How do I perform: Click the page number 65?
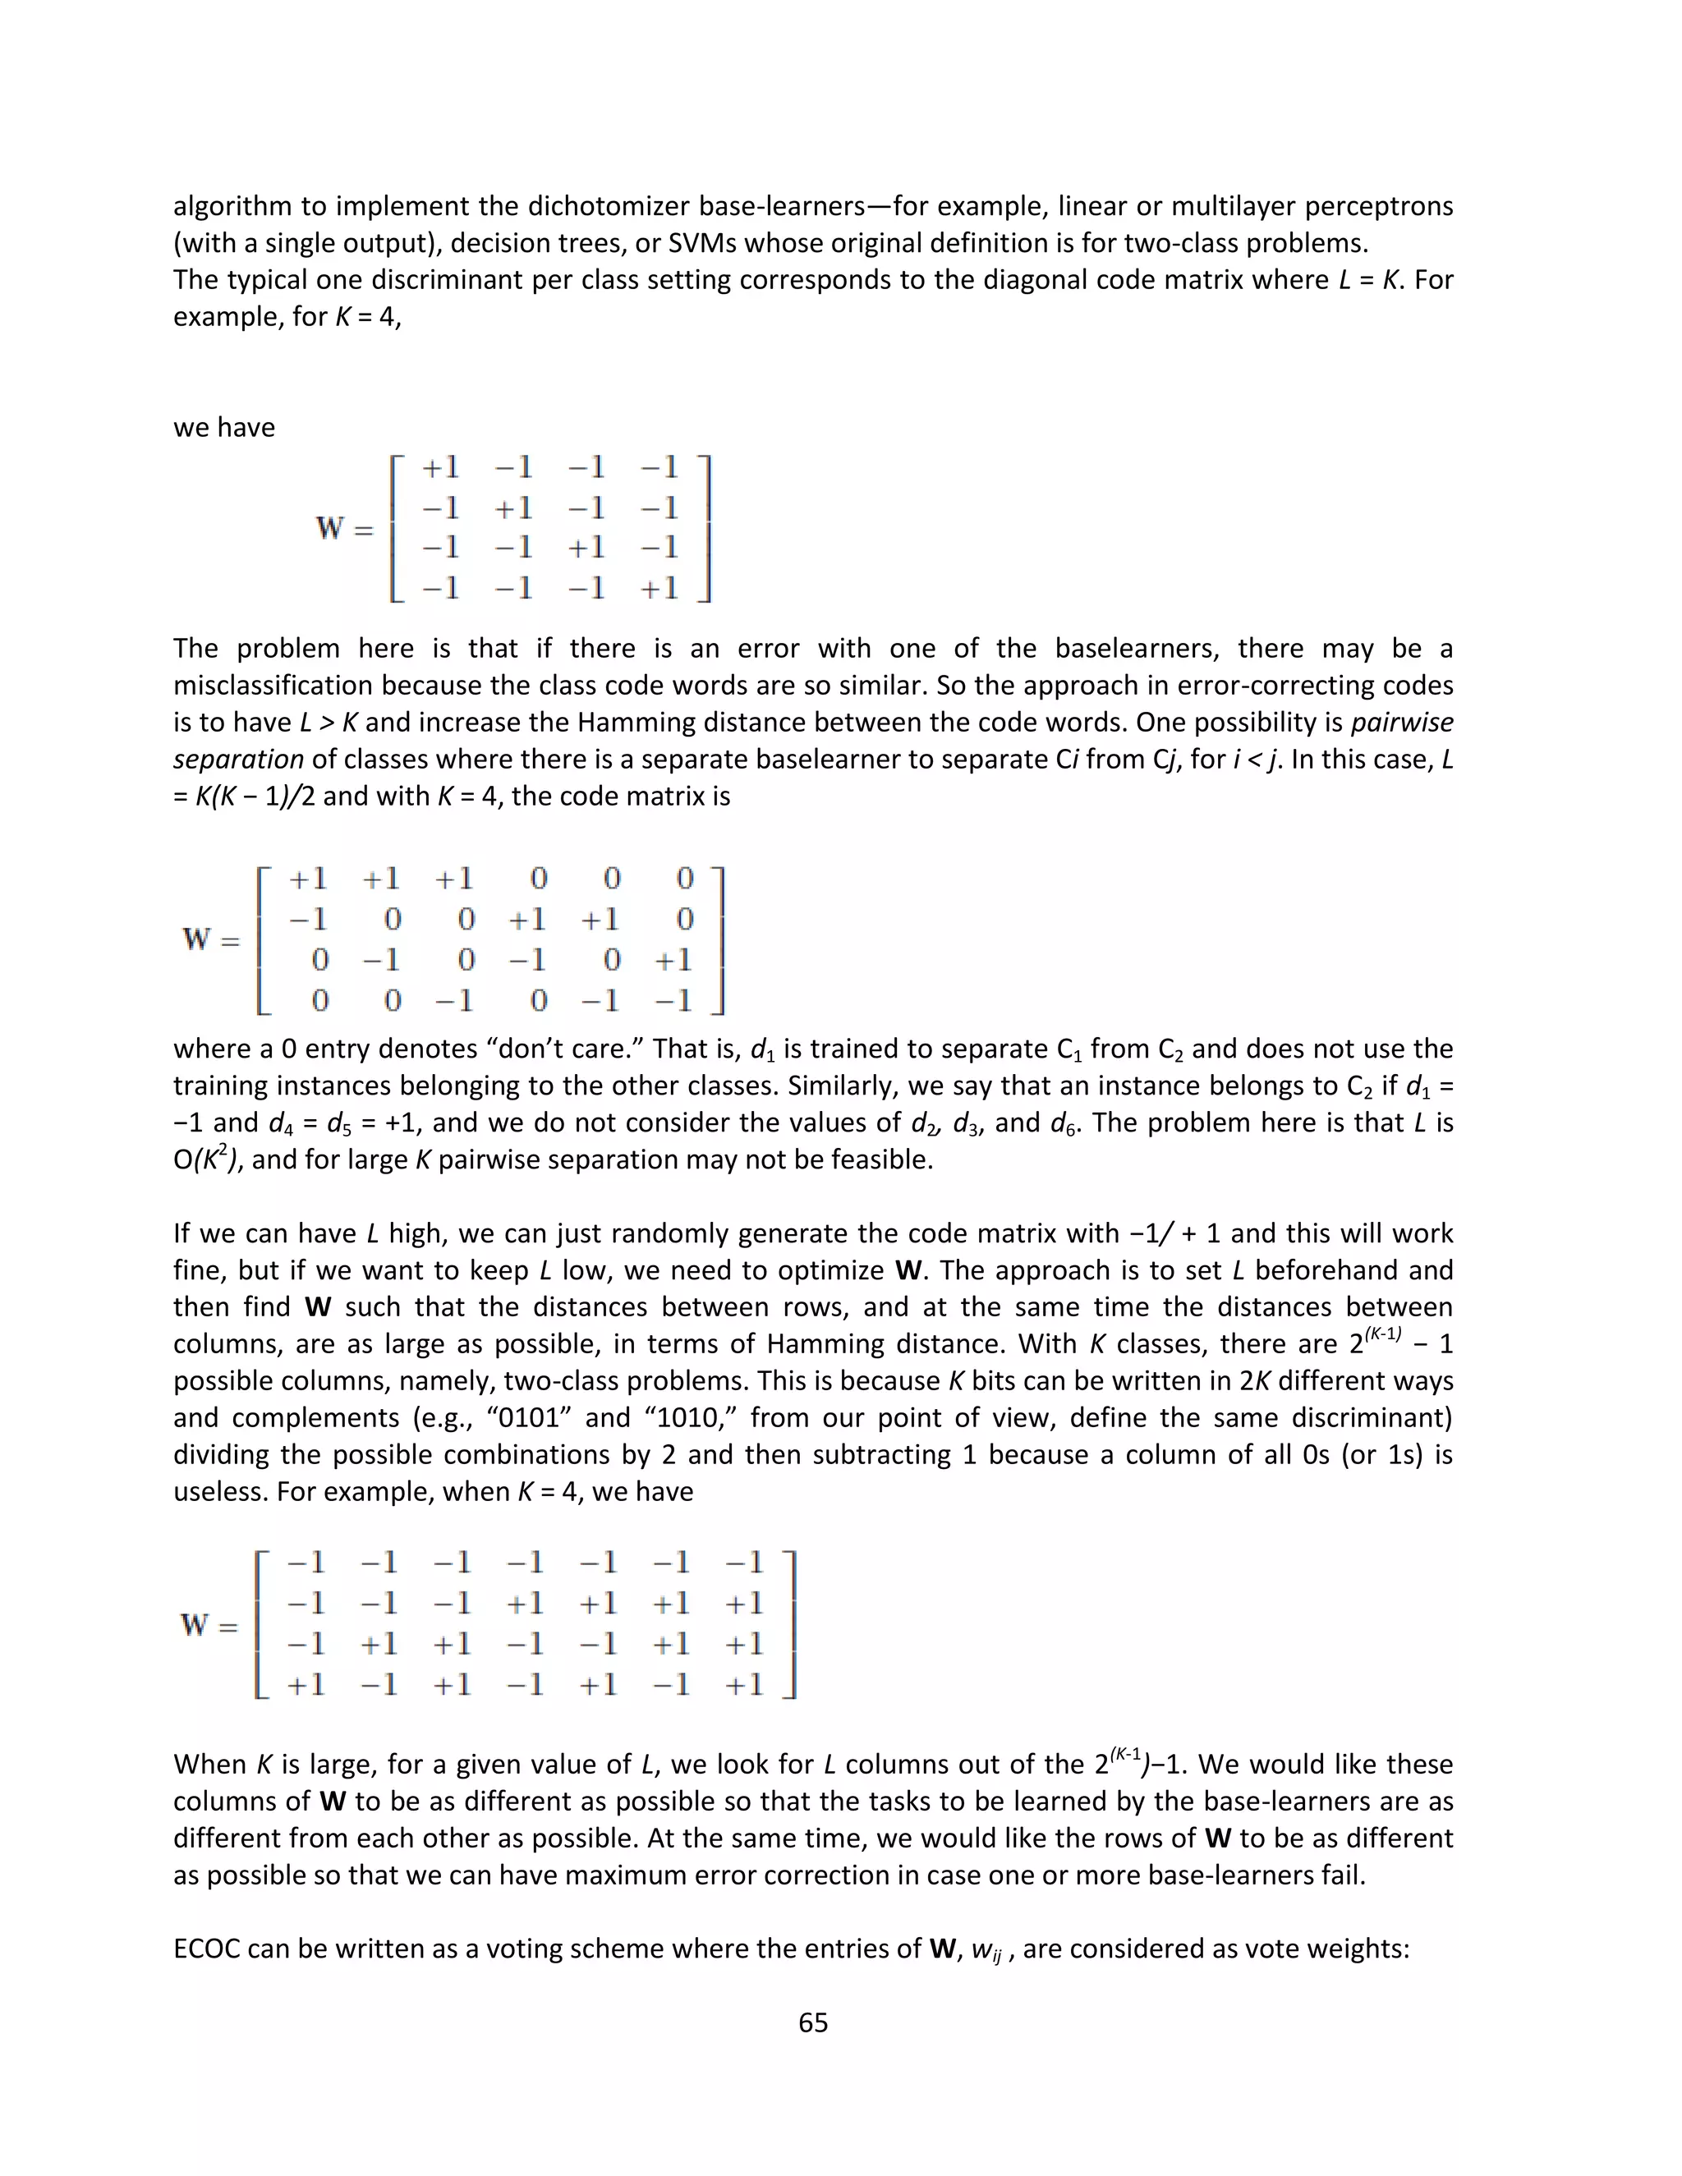point(813,2022)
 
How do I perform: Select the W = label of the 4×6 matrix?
point(210,939)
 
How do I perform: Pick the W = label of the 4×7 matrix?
point(209,1625)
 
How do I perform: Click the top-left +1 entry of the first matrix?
point(439,467)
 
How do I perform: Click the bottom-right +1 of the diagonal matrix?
point(659,589)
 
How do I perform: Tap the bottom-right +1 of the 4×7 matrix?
point(743,1685)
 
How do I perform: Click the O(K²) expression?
point(206,1159)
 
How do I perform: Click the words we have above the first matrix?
point(223,428)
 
